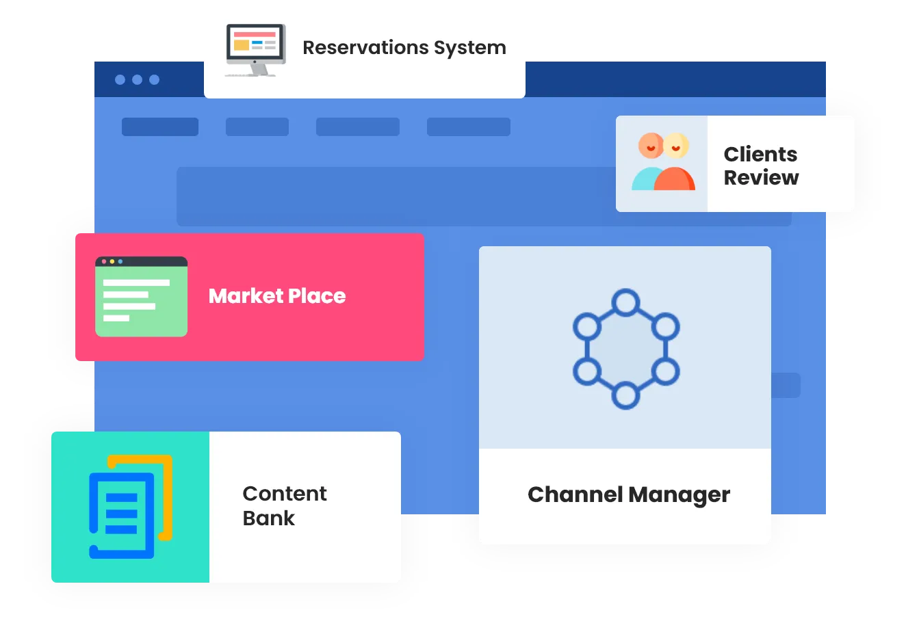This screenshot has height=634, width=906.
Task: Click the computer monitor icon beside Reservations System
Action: [x=255, y=49]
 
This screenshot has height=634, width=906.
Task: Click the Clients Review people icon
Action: [x=662, y=162]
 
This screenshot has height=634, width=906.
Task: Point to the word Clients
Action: [x=760, y=155]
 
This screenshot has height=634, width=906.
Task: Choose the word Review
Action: [x=761, y=178]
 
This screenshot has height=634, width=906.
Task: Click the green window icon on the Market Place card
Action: [x=141, y=297]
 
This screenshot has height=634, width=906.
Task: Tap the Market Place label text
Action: [x=277, y=296]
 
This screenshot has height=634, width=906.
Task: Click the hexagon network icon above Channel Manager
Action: [x=625, y=349]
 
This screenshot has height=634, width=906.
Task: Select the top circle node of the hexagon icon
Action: [x=625, y=302]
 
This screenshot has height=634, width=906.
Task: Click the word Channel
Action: [x=575, y=494]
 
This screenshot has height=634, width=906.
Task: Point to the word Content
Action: [x=285, y=494]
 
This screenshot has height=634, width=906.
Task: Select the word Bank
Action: [x=268, y=518]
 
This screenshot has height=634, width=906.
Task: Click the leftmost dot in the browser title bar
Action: [x=120, y=80]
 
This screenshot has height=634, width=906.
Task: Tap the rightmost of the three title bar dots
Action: [x=155, y=80]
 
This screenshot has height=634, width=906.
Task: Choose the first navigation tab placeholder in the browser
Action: [x=160, y=127]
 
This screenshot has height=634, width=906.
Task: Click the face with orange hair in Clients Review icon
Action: [x=651, y=146]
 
